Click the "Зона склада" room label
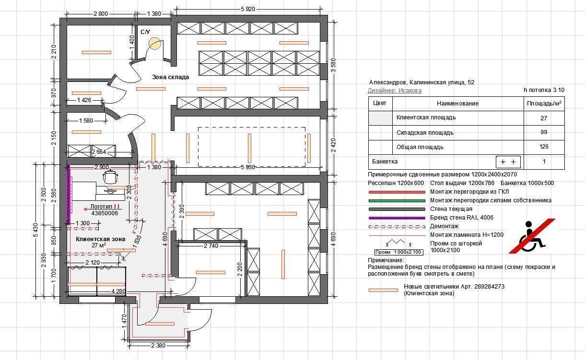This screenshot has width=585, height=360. tap(170, 77)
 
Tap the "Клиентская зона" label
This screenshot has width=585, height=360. tap(101, 239)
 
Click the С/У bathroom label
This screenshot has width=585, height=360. tap(145, 32)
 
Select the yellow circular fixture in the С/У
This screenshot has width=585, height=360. tap(154, 44)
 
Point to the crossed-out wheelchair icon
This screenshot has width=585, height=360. tap(532, 236)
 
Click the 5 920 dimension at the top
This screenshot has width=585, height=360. tap(247, 9)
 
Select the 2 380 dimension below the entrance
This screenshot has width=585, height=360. tap(158, 346)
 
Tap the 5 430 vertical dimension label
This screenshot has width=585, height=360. tap(36, 230)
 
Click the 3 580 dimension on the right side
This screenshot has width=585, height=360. tap(333, 65)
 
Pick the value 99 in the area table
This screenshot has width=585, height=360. tap(544, 132)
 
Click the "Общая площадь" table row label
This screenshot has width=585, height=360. tap(420, 147)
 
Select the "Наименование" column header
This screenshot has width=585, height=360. tap(457, 104)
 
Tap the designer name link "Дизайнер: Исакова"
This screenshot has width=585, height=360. tap(395, 90)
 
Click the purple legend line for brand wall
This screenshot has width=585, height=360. tap(397, 218)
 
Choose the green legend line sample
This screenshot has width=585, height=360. tap(397, 201)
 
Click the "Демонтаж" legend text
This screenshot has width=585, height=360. tap(444, 226)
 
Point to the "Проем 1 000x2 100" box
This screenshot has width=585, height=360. tap(399, 252)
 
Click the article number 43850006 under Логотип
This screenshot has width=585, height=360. tap(105, 213)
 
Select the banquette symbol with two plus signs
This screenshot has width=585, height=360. tap(508, 162)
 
